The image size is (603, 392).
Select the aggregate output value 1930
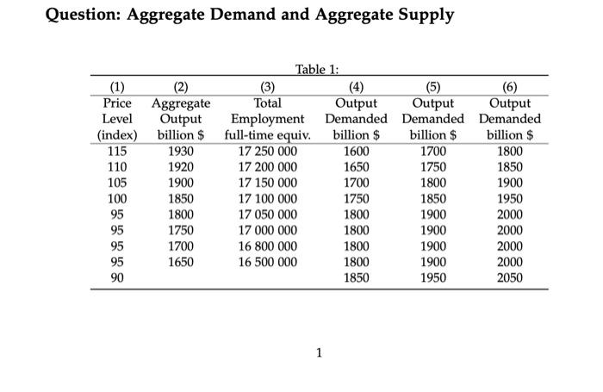179,150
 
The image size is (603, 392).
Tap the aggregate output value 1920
179,166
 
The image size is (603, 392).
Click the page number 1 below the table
319,351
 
